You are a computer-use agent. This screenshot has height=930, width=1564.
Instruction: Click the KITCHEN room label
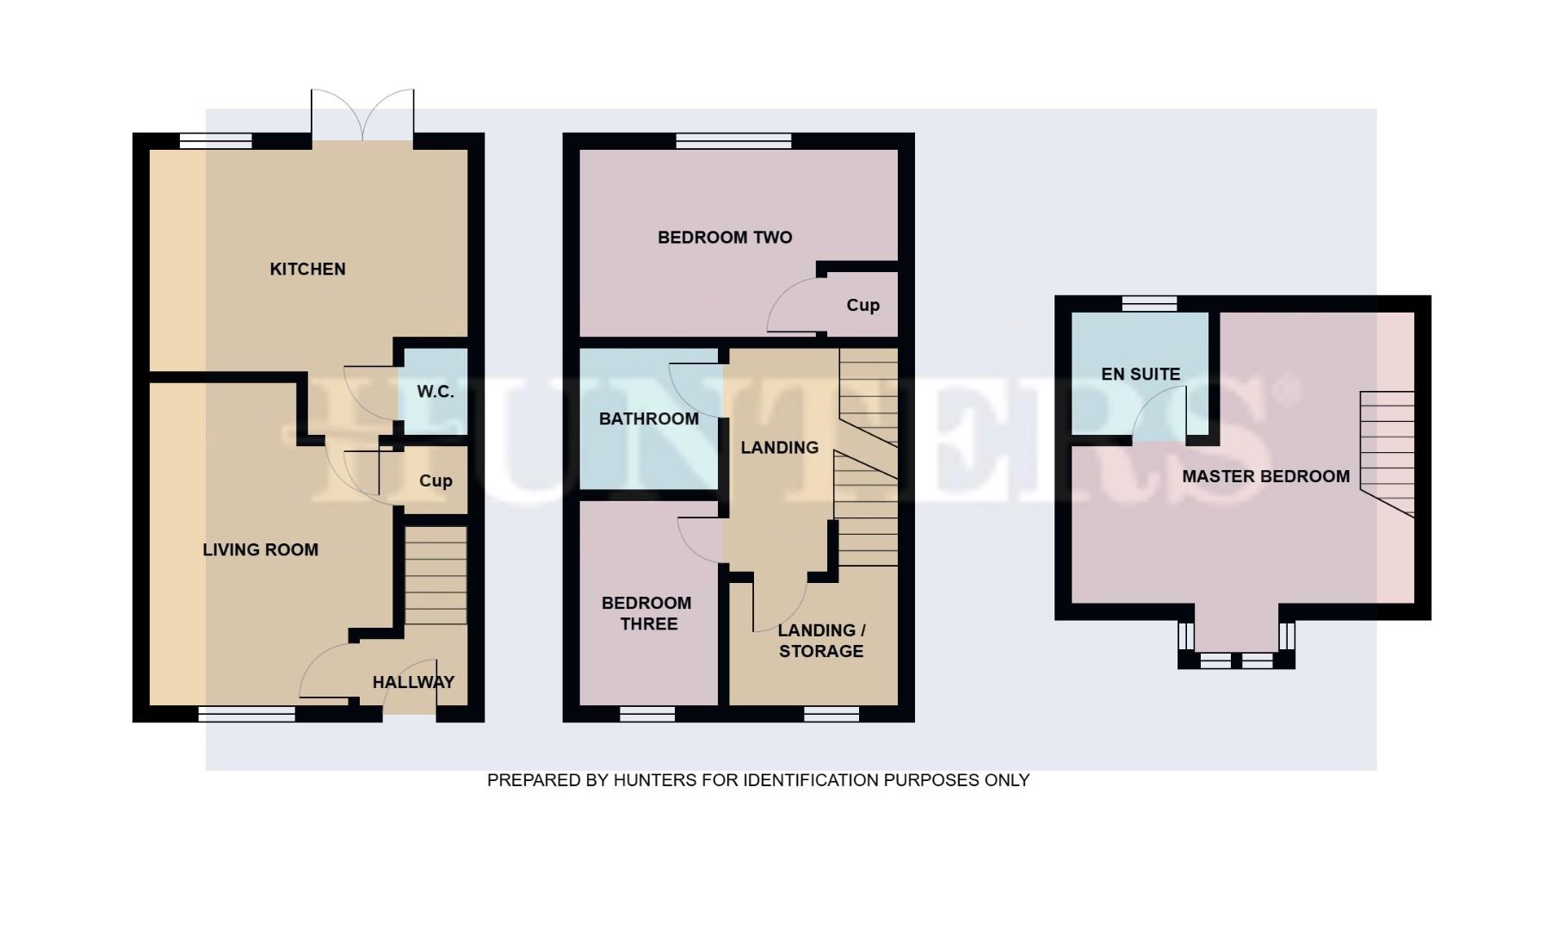pos(307,270)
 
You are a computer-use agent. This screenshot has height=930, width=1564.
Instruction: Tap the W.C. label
pos(436,392)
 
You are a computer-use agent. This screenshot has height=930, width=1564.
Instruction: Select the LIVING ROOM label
pos(260,549)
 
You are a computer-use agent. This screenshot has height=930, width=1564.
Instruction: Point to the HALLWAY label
pos(413,682)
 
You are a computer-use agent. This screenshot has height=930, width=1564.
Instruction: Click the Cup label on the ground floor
pos(436,480)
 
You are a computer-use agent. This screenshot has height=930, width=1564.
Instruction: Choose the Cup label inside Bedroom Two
pos(862,305)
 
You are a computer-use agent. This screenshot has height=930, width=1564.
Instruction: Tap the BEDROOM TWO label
pos(725,238)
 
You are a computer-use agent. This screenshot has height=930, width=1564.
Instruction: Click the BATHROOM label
pos(648,418)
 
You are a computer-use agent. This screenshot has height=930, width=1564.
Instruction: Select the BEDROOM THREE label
pos(646,613)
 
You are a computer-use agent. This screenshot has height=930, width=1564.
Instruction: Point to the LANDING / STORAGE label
pos(821,641)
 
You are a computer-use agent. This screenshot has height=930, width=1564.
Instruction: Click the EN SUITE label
pos(1141,374)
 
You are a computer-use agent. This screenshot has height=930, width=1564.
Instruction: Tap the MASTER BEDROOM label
pos(1265,476)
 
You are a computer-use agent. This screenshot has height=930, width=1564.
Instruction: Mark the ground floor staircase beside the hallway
pos(436,575)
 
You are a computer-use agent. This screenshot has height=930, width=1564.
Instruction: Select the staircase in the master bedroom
pos(1387,452)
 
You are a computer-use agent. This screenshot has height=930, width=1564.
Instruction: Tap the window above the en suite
pos(1149,303)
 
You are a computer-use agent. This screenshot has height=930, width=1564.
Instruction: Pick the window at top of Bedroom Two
pos(733,140)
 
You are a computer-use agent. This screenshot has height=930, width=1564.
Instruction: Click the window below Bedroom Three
pos(647,714)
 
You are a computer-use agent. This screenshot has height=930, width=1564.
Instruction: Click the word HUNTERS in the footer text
pos(654,780)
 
